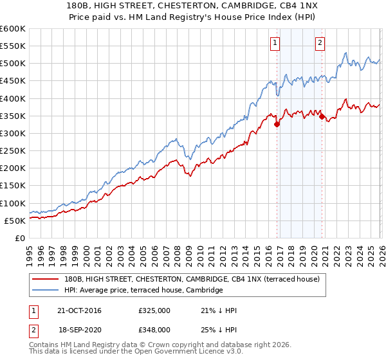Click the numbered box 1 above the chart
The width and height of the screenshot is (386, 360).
point(275,43)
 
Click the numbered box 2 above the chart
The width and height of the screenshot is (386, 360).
point(320,43)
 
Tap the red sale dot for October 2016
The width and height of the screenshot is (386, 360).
point(277,124)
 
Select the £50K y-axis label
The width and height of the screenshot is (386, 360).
point(15,221)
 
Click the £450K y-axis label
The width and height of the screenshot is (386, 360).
point(13,81)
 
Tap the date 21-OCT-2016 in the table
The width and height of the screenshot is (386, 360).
point(79,310)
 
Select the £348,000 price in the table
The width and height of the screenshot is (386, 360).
point(154,329)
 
